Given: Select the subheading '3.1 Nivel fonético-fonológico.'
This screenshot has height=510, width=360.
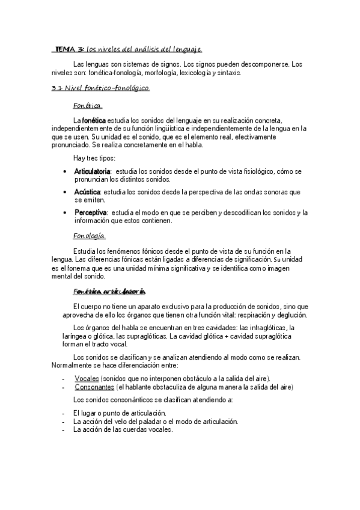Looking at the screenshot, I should point(100,88).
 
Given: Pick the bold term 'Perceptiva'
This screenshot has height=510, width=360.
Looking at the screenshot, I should point(91,212).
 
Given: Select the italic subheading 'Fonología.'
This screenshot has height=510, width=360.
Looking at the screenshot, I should point(89,235).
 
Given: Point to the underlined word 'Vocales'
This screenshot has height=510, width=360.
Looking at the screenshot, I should point(87,378).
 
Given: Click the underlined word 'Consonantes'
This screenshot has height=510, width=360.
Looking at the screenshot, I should point(94,387).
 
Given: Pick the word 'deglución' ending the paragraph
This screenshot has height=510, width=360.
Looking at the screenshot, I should point(290,315).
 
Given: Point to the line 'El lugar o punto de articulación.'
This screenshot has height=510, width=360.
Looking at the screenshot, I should point(119,413).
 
